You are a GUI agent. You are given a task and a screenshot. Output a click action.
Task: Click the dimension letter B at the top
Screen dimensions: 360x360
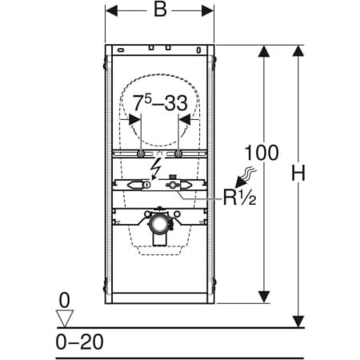click(x=160, y=10)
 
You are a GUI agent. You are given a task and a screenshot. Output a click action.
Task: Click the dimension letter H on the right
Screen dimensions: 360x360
click(x=298, y=173)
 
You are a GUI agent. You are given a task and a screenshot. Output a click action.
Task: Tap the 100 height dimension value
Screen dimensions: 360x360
click(x=262, y=153)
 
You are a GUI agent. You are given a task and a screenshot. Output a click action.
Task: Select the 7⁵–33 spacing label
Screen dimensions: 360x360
click(x=160, y=103)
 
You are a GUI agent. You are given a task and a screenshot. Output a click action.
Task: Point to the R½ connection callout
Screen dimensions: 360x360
click(x=239, y=198)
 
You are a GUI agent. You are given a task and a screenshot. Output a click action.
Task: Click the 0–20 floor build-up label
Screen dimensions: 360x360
click(x=79, y=342)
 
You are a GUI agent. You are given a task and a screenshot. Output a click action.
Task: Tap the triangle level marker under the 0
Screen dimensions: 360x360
click(x=65, y=318)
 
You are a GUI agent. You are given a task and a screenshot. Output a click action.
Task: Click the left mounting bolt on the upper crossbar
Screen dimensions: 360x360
click(x=141, y=154)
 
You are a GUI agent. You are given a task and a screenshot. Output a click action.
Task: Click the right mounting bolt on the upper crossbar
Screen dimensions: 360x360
click(x=178, y=154)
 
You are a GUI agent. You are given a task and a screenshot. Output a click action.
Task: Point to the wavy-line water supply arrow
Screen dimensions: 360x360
click(x=245, y=177)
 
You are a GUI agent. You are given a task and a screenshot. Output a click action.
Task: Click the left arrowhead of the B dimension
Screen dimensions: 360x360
click(x=111, y=11)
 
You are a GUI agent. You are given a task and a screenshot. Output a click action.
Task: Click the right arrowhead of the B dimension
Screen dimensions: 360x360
click(x=207, y=11)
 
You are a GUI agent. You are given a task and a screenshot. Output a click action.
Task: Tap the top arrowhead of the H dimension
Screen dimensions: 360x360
click(x=298, y=50)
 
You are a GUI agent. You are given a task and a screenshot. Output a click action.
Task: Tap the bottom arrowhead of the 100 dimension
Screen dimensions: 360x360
click(x=264, y=297)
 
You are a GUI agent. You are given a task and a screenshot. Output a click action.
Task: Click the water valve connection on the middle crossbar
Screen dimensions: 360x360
click(x=172, y=184)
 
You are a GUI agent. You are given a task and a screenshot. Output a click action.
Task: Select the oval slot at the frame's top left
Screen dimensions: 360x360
click(x=121, y=50)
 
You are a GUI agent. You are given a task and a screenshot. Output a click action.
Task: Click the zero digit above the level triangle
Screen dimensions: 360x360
click(x=64, y=300)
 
